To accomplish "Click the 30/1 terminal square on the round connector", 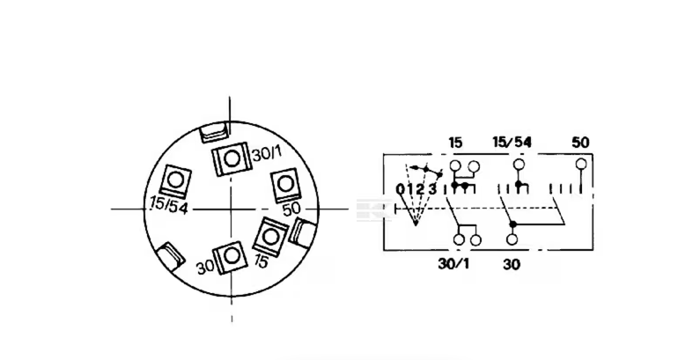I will tap(231, 160).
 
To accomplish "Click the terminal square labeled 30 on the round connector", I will tap(231, 256).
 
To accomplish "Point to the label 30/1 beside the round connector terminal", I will tap(266, 154).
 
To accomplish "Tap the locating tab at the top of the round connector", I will tap(215, 134).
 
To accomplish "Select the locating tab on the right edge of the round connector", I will tap(301, 235).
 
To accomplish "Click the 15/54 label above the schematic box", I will tap(512, 142).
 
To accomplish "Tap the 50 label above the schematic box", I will tap(580, 142).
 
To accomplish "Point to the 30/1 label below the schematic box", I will tap(455, 261).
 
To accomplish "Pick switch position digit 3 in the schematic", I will tap(432, 189).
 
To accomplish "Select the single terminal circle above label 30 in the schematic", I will tap(512, 239).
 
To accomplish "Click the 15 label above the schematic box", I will tap(455, 142).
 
